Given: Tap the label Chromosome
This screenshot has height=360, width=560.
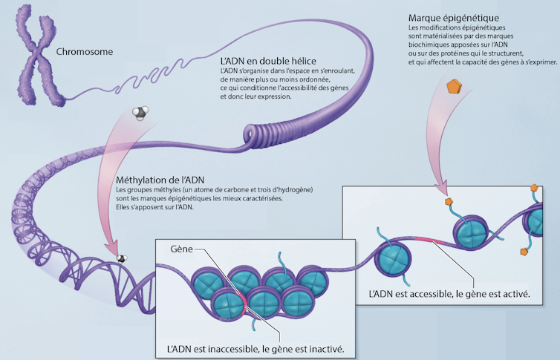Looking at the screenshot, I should pos(85,53).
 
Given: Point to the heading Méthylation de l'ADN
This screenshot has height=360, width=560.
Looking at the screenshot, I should pos(160,180).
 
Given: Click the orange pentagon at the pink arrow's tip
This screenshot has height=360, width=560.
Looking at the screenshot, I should pos(449,201).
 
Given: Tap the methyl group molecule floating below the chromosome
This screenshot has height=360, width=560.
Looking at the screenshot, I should pos(140,113).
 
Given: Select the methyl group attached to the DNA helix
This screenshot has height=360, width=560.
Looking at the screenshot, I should pos(120,258).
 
